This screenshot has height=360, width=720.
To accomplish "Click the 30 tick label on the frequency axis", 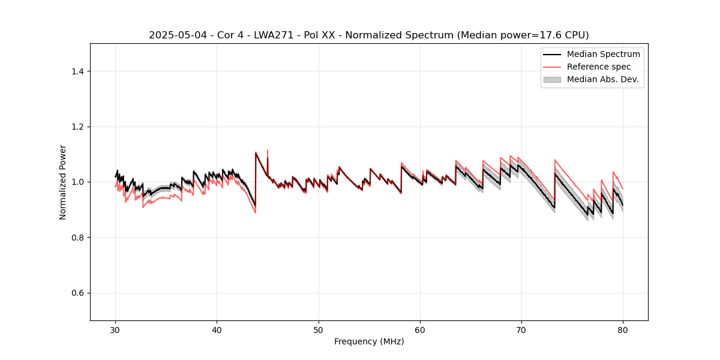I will pos(115,329).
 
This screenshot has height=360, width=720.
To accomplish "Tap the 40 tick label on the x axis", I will pos(217,329).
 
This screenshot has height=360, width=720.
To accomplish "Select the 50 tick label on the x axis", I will pos(318,329).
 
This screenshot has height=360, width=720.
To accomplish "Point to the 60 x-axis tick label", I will pos(420,329).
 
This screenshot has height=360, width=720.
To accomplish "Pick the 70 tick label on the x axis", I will pos(521,329).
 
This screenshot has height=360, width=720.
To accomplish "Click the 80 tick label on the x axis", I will pos(623,329).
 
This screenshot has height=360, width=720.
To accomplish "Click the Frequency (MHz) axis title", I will pos(369,341).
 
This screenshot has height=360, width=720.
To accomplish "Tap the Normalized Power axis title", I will pos(63,182).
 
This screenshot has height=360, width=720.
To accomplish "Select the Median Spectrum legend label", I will pos(603,54).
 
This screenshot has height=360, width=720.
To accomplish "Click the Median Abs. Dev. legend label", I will pos(602,79).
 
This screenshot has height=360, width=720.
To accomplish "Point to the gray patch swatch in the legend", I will pos(552,79).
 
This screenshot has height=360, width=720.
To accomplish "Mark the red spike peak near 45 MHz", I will pos(268,150).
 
